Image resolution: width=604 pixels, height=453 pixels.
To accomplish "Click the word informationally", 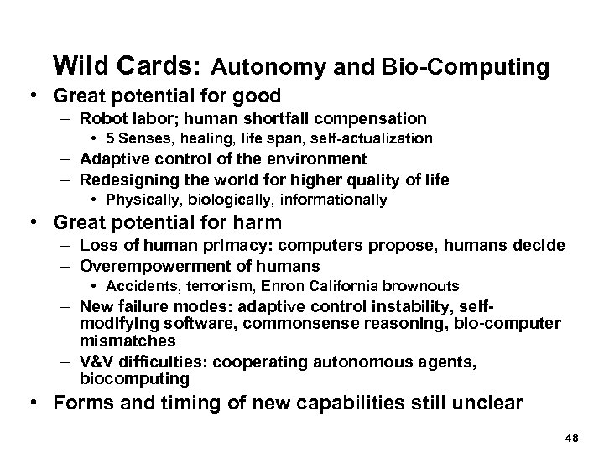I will (336, 200).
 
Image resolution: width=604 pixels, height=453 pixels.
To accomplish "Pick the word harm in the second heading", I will (253, 224).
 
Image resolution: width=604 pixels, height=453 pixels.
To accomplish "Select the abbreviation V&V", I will (99, 361).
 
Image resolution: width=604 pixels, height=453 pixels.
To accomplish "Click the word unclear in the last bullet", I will (481, 403).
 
